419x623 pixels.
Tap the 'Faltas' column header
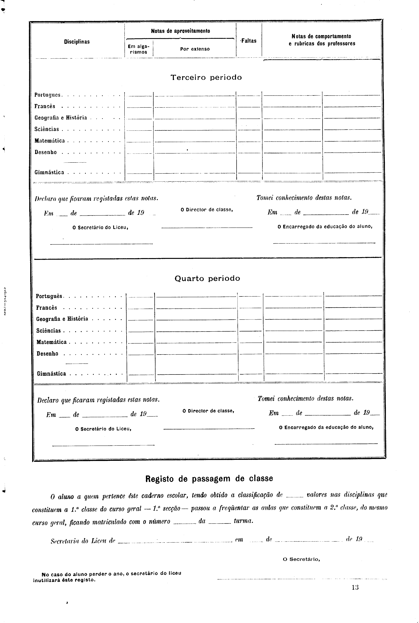pos(249,41)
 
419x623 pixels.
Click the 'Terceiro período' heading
pos(206,78)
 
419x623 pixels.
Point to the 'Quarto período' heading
pos(207,279)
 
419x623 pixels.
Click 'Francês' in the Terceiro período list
pos(45,106)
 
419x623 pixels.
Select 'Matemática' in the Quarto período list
pos(52,342)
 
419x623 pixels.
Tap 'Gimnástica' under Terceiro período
pos(49,172)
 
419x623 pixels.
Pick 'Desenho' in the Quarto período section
pos(47,353)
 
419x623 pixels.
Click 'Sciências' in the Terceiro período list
pos(47,129)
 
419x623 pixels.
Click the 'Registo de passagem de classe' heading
pos(209,479)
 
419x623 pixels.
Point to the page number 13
pos(355,587)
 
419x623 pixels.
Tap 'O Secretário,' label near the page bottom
pos(301,559)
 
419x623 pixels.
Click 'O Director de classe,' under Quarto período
pos(208,411)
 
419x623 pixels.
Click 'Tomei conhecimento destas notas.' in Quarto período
pos(305,399)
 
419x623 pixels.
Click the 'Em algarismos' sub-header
pos(138,49)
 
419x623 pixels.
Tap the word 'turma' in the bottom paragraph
pos(243,521)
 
